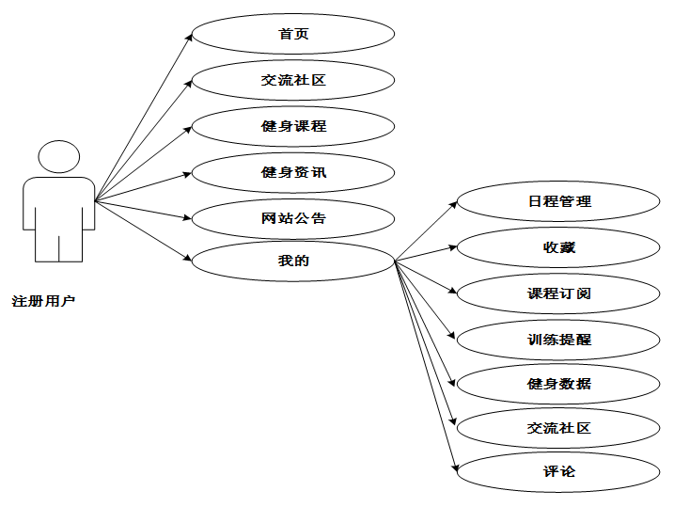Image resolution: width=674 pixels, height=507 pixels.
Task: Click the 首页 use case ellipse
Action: (x=293, y=35)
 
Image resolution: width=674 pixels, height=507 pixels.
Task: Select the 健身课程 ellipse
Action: (x=293, y=126)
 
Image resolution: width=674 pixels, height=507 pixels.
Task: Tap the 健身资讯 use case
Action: (x=293, y=172)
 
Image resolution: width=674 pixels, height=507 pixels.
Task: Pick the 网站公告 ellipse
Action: (x=293, y=218)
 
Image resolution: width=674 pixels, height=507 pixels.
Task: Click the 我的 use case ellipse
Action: (x=293, y=261)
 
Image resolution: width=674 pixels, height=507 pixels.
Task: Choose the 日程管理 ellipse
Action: (x=558, y=201)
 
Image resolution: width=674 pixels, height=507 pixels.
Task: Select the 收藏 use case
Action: (x=558, y=247)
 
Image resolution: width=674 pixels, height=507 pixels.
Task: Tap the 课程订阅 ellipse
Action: (x=558, y=293)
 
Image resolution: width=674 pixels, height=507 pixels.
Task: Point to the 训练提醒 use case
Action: (x=558, y=339)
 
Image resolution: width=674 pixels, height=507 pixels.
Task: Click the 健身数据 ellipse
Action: (x=558, y=384)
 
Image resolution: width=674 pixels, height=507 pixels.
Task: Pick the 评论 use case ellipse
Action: (x=558, y=471)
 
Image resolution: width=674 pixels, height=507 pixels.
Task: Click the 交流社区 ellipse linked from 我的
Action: (x=558, y=428)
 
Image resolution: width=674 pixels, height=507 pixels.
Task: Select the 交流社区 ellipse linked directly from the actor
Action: (x=293, y=81)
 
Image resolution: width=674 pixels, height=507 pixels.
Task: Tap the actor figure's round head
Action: (x=58, y=157)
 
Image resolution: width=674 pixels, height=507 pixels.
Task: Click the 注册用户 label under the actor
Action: (x=43, y=302)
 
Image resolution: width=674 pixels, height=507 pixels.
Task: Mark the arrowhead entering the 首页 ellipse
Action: (x=189, y=37)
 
